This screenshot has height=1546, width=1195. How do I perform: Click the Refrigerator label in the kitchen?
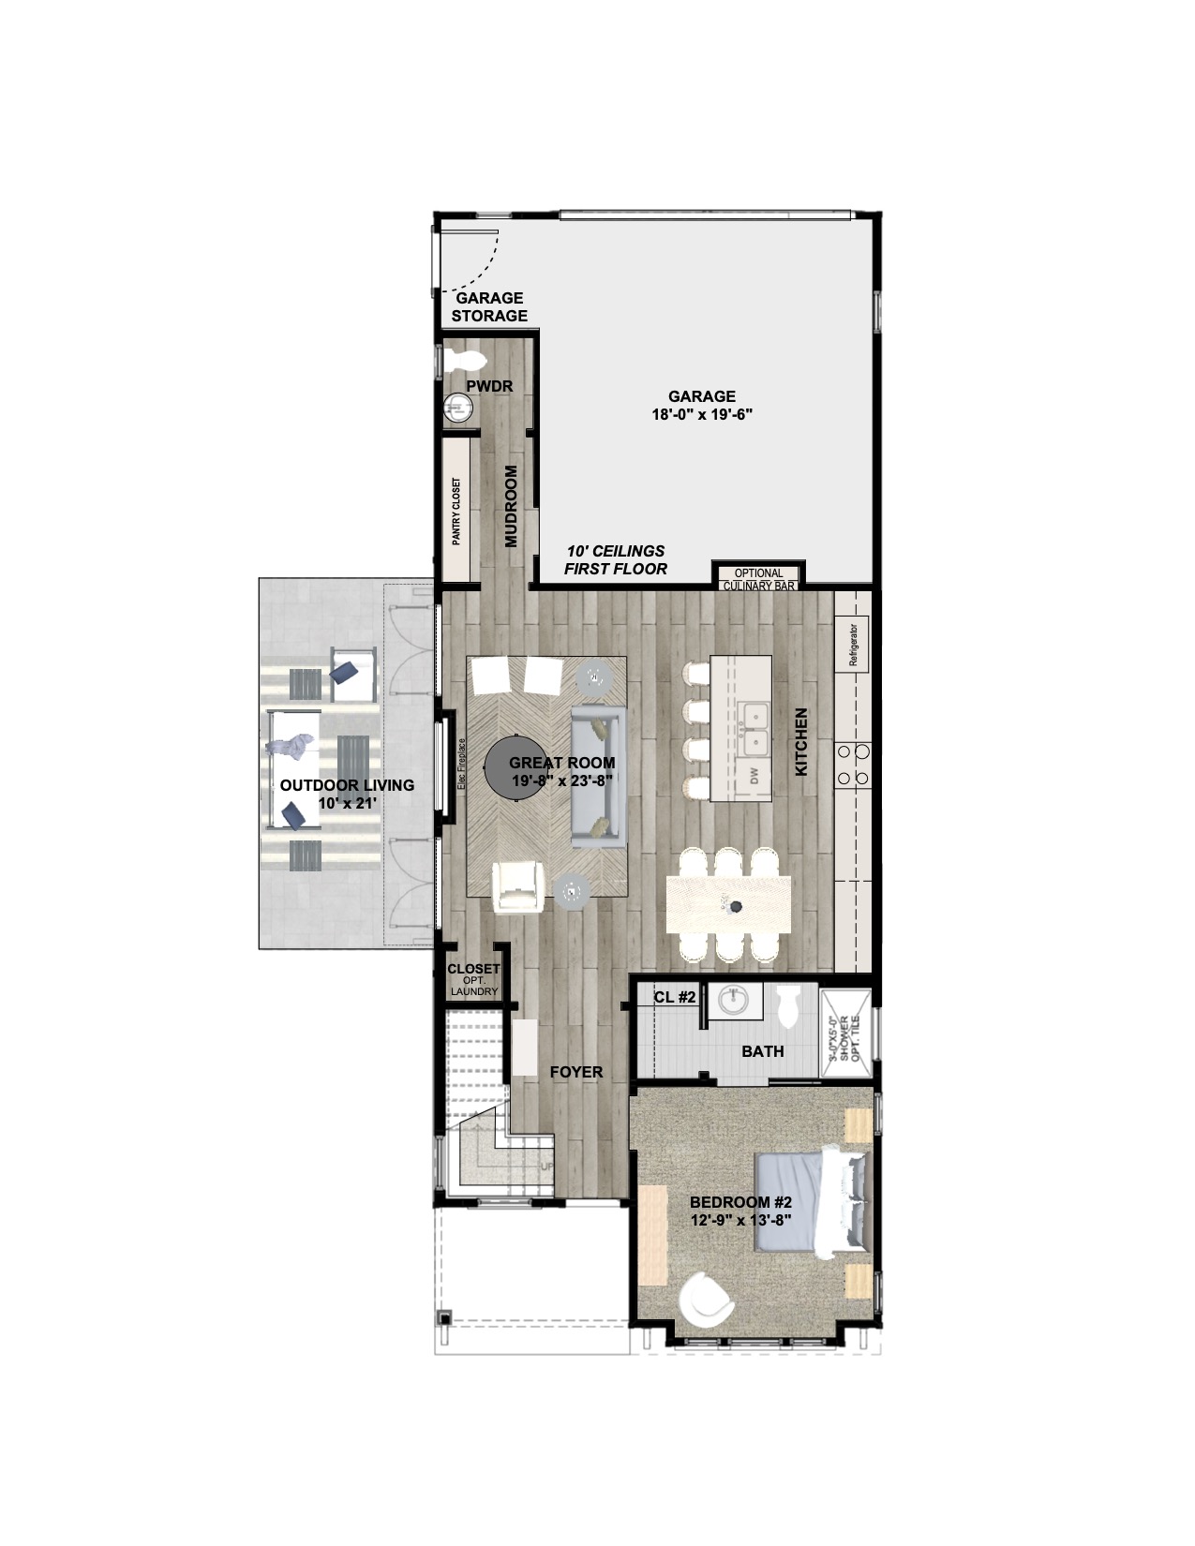click(853, 645)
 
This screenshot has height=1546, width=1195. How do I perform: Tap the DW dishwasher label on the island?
click(754, 776)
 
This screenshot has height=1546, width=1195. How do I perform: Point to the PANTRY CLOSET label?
click(456, 511)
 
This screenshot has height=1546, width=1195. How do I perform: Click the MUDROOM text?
click(511, 506)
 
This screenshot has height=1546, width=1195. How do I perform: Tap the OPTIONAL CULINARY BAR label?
click(758, 579)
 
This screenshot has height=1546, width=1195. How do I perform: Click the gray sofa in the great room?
click(598, 776)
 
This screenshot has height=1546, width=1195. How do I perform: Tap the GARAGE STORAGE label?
click(489, 306)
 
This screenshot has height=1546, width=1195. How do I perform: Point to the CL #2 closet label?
click(674, 998)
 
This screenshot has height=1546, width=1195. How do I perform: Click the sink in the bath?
click(731, 1000)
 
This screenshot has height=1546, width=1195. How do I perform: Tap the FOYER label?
click(575, 1072)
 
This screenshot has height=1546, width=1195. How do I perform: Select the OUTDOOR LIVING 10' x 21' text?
click(347, 794)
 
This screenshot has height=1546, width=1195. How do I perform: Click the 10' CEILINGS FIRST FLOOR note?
click(616, 560)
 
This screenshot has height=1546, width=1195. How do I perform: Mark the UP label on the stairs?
click(546, 1167)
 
